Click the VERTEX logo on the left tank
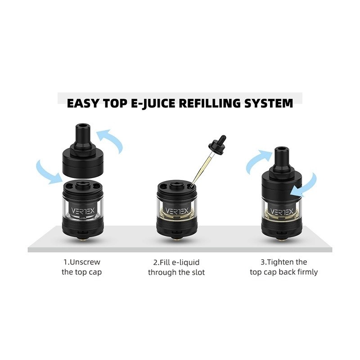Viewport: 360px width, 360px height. [x=83, y=211]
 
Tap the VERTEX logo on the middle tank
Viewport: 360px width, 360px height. [x=177, y=211]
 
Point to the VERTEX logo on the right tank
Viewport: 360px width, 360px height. [x=282, y=211]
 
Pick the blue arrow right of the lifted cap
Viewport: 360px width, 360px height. [x=110, y=140]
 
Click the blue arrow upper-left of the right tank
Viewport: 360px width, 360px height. [x=259, y=161]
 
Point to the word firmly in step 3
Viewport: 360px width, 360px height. [x=308, y=272]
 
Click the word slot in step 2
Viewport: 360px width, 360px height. [x=198, y=272]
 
